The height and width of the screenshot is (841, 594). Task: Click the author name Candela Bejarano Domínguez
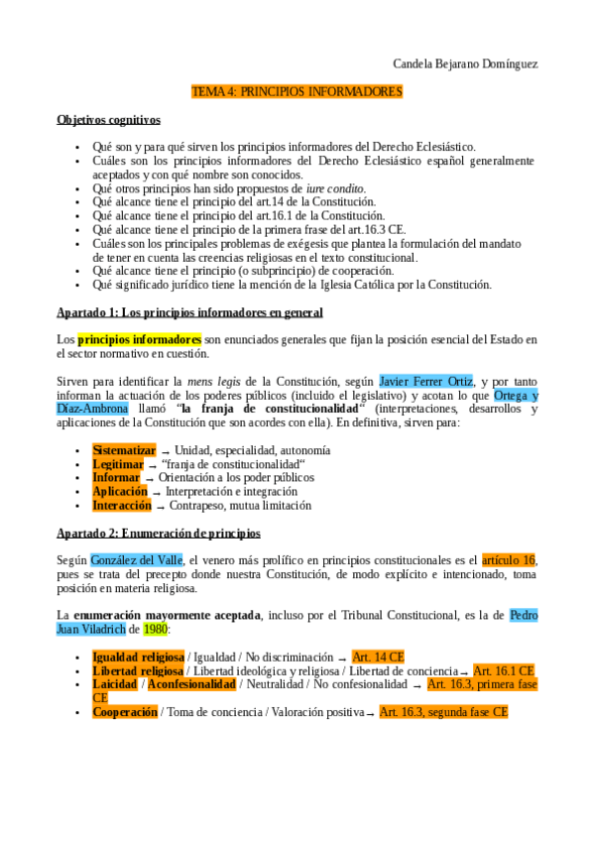coord(464,64)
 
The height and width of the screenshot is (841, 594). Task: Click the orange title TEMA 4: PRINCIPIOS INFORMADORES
coord(297,92)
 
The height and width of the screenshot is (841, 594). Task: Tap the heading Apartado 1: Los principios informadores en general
coord(189,312)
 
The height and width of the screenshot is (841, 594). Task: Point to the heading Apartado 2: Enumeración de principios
coord(158,533)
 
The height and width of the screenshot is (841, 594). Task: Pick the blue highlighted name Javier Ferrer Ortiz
coord(425,381)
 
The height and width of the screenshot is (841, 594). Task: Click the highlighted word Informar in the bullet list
coord(116,477)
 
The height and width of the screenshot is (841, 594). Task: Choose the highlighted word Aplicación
coord(120,491)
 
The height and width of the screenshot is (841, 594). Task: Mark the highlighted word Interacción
coord(122,505)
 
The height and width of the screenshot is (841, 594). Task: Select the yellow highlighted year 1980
coord(155,629)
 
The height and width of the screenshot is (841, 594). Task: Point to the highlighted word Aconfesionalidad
coord(191,684)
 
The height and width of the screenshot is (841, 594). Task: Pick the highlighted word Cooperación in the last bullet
coord(125,712)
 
